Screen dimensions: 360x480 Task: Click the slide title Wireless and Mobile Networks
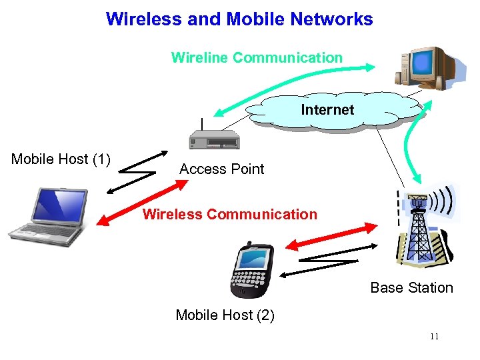(239, 19)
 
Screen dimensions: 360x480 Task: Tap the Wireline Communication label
(257, 57)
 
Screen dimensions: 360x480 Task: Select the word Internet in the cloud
(327, 109)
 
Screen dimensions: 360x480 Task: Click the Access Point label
(221, 169)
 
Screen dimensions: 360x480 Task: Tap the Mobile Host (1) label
(61, 159)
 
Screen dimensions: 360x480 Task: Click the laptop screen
(62, 204)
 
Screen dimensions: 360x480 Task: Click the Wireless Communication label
(229, 215)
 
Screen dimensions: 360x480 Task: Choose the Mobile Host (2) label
(225, 315)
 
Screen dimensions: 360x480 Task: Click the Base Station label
(411, 288)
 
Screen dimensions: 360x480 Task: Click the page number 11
(434, 337)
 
